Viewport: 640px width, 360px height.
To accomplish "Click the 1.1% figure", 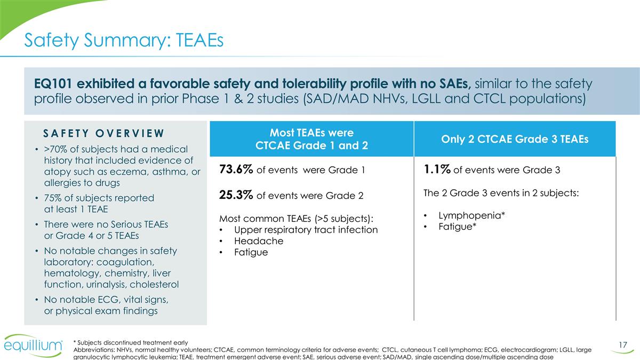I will (437, 170).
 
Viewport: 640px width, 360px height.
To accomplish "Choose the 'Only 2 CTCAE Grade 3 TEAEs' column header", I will (515, 139).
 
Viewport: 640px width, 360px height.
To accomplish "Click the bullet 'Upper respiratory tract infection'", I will (306, 230).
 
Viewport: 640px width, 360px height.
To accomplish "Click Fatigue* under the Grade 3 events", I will (457, 227).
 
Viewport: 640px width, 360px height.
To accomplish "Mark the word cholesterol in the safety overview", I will (155, 284).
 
